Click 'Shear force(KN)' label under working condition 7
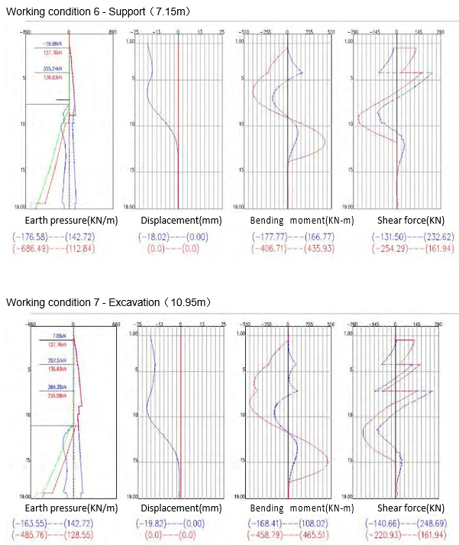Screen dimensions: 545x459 pos(409,508)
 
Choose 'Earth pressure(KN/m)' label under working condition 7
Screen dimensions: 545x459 pos(62,508)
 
